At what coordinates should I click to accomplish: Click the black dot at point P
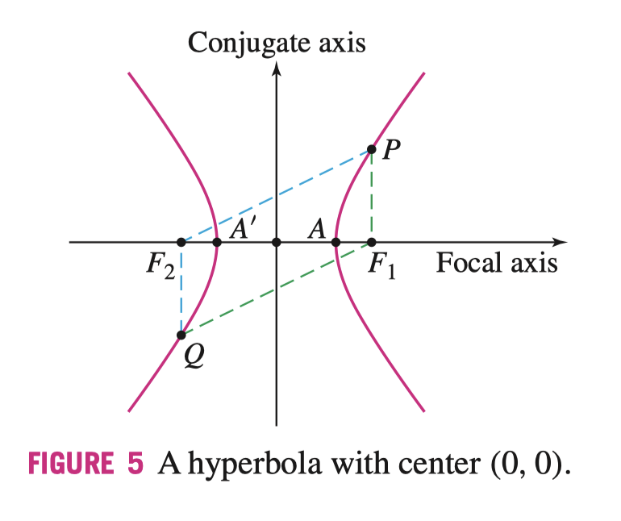(372, 149)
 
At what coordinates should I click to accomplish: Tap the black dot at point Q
(181, 335)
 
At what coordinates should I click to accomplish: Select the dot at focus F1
(372, 242)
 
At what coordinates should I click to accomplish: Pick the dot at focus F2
(181, 242)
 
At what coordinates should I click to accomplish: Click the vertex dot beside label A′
(217, 242)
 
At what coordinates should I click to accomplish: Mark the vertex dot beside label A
(336, 242)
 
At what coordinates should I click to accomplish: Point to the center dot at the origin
(277, 242)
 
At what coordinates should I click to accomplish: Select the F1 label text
(382, 265)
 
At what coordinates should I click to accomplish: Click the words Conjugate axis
(277, 42)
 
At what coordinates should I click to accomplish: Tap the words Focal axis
(497, 263)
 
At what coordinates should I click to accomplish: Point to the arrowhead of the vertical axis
(277, 68)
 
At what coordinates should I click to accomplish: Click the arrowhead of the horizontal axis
(561, 242)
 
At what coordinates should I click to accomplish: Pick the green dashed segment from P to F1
(372, 196)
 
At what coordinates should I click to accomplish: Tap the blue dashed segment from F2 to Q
(181, 289)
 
